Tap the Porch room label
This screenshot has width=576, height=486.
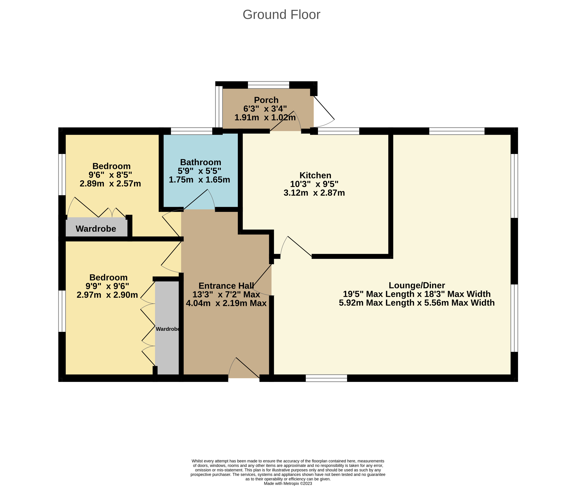266,100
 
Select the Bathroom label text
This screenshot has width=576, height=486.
201,162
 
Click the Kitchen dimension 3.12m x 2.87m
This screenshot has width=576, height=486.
314,193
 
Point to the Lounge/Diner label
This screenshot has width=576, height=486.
417,285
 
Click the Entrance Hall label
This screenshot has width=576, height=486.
226,286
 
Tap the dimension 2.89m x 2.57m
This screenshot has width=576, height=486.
110,184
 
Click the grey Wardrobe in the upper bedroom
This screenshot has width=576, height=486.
96,228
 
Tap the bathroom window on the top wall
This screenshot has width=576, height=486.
192,131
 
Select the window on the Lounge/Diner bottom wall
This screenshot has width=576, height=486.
326,378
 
